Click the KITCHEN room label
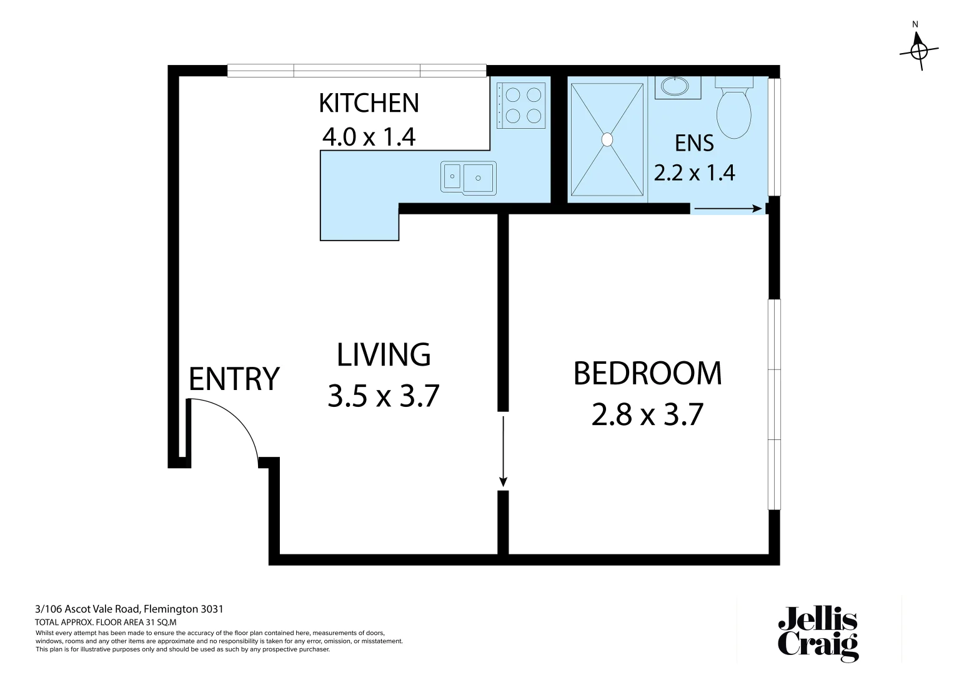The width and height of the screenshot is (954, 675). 369,103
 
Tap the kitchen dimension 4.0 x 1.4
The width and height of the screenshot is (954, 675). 369,136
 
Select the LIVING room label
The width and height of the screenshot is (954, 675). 384,355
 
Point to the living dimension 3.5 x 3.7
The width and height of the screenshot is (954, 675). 384,396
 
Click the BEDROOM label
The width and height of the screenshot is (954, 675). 647,374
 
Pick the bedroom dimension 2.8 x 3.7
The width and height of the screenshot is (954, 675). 647,414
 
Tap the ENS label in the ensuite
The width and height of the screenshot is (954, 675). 694,144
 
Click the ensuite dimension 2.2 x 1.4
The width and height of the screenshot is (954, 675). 694,172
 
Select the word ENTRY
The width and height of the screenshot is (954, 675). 234,379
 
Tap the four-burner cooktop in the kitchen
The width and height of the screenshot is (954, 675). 523,105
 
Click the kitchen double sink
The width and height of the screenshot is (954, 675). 469,177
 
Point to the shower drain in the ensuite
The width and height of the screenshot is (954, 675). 607,139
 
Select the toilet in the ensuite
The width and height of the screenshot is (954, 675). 733,109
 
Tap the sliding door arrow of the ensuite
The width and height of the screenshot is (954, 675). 728,209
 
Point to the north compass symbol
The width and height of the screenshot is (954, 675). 918,49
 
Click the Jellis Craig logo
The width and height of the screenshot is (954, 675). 818,633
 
